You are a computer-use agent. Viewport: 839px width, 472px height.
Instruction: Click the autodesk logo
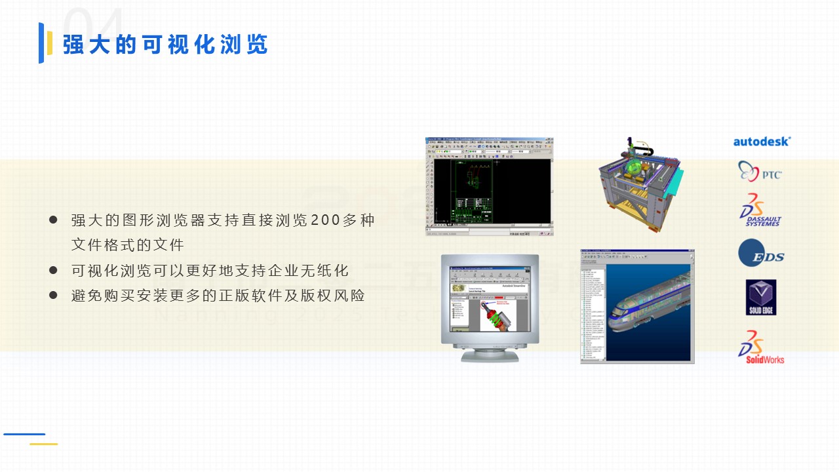pos(762,141)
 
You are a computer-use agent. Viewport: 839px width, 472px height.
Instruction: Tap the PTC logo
pos(760,172)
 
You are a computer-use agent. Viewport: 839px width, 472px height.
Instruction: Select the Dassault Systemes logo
pos(760,210)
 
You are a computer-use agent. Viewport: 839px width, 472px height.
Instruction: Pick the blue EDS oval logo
pos(760,254)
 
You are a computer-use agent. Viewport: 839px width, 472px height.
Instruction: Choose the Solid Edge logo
pos(760,297)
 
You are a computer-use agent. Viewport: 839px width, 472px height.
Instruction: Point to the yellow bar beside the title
pos(50,43)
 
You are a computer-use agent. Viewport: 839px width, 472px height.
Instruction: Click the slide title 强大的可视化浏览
pos(165,45)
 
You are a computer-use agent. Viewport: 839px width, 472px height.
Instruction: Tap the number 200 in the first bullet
pos(324,220)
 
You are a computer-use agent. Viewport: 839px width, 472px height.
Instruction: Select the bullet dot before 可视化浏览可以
pos(54,270)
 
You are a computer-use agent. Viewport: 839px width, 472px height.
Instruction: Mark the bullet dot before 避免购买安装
pos(54,295)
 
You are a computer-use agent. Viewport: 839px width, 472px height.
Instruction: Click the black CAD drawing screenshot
pos(490,187)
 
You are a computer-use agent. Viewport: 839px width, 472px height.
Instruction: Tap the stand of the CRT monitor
pos(490,355)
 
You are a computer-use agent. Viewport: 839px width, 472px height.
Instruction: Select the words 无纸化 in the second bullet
pos(332,271)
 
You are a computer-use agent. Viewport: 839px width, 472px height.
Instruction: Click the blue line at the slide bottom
pos(24,434)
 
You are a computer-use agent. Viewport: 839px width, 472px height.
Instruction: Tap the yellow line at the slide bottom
pos(43,444)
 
